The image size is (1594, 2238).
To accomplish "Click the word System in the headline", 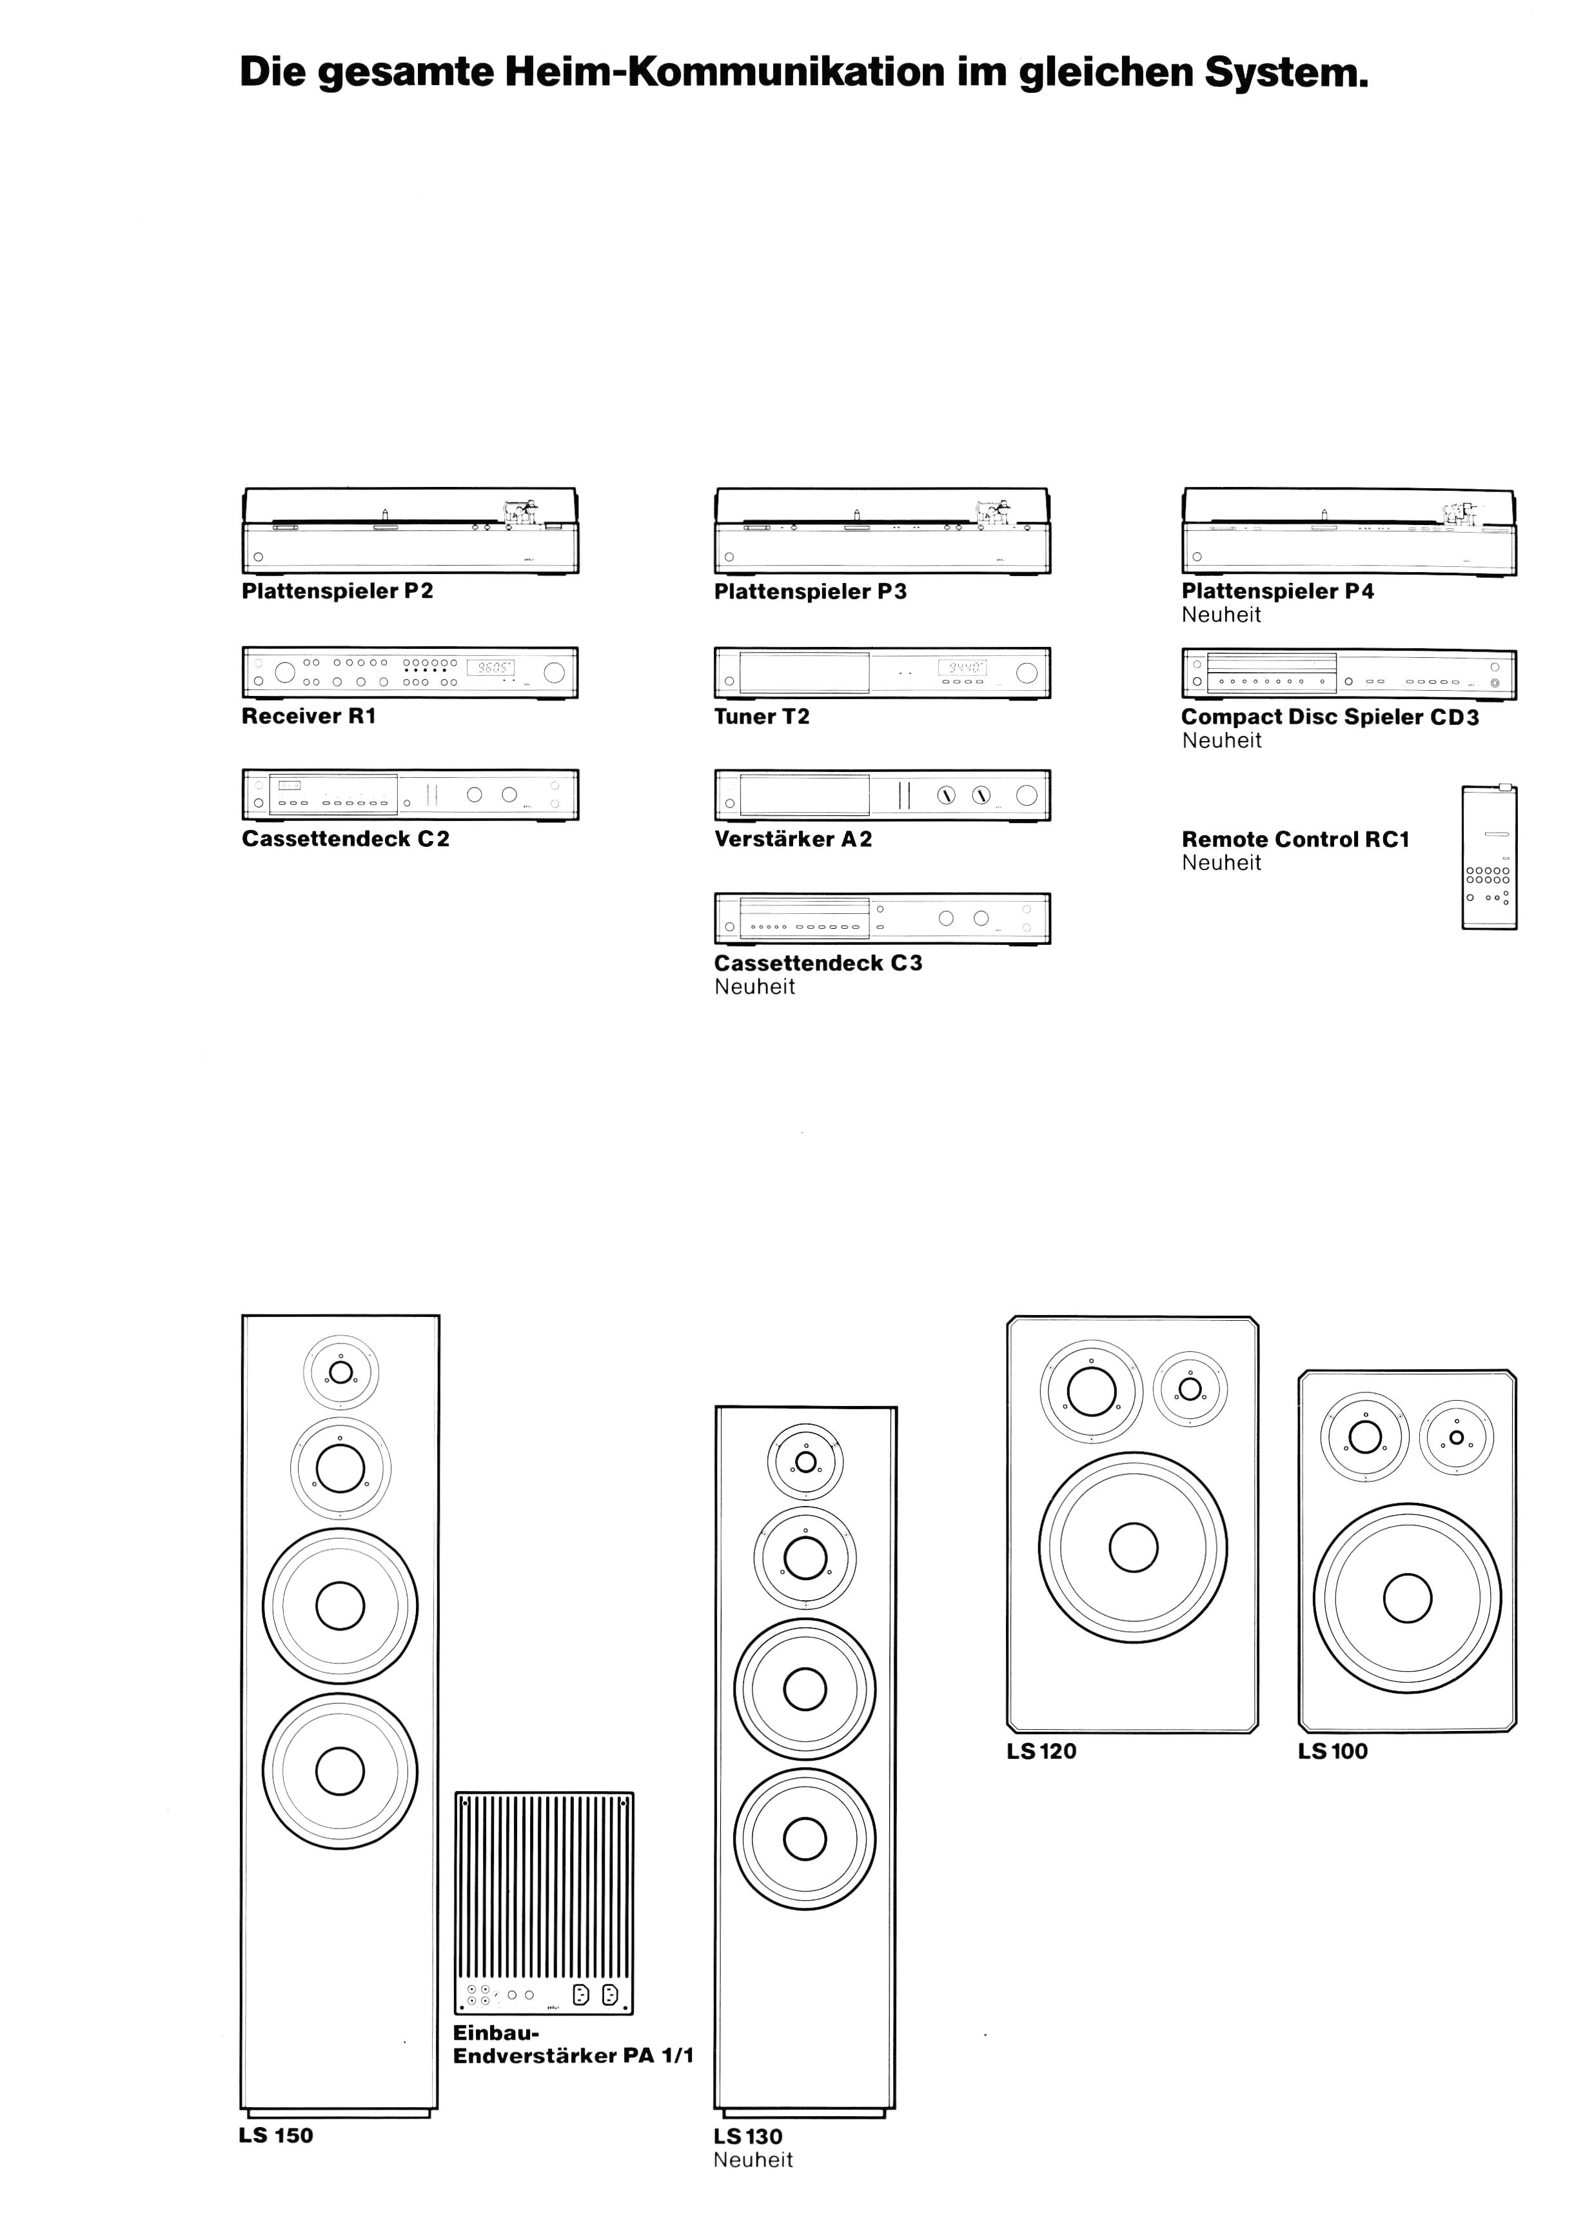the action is pyautogui.click(x=1287, y=73).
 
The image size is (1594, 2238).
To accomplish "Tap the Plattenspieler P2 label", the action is pyautogui.click(x=338, y=591).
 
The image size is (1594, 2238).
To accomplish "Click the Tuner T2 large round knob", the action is pyautogui.click(x=1027, y=673).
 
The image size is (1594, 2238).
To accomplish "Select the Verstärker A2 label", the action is pyautogui.click(x=793, y=839).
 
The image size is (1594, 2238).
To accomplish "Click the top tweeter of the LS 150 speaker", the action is pyautogui.click(x=340, y=1372).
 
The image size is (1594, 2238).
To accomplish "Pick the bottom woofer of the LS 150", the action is pyautogui.click(x=340, y=1771).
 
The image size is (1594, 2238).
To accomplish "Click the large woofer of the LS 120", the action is pyautogui.click(x=1133, y=1547).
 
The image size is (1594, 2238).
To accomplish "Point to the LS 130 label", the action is pyautogui.click(x=748, y=2137).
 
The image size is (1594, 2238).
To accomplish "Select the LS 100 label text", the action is pyautogui.click(x=1333, y=1751).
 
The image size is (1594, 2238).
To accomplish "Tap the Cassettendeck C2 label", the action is pyautogui.click(x=346, y=839).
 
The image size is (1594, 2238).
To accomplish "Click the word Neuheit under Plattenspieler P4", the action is pyautogui.click(x=1221, y=615).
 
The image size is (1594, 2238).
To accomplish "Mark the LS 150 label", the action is pyautogui.click(x=276, y=2136).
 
